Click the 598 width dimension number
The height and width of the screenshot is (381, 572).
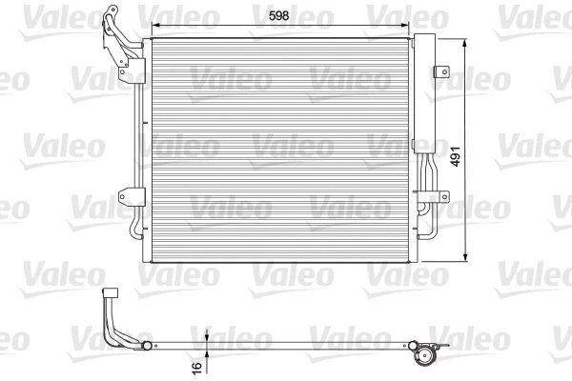pos(278,15)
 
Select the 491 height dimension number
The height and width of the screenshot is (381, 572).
pos(456,156)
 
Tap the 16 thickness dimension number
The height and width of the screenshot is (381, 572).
pos(196,368)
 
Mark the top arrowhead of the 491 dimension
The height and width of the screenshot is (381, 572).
pos(465,43)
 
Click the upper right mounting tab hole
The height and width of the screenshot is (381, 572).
pos(444,71)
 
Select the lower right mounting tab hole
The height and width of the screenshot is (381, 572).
pos(444,197)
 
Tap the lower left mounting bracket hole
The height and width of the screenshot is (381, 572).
pos(122,197)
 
